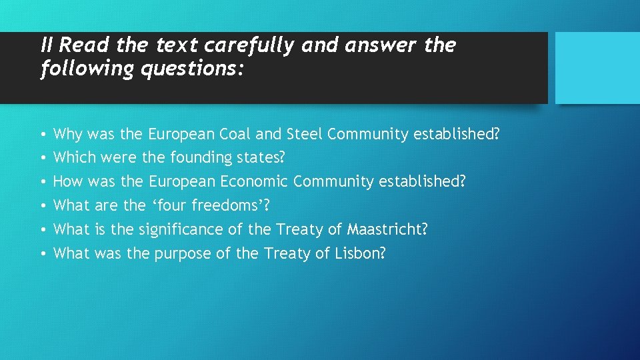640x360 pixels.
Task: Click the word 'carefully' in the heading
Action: [x=249, y=46]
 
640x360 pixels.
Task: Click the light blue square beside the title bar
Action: [x=597, y=68]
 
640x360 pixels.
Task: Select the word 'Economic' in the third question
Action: [x=252, y=181]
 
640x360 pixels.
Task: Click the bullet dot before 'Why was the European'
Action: [x=43, y=135]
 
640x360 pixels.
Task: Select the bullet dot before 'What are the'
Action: [x=43, y=206]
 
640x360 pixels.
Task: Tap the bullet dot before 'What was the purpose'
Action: [x=43, y=254]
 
